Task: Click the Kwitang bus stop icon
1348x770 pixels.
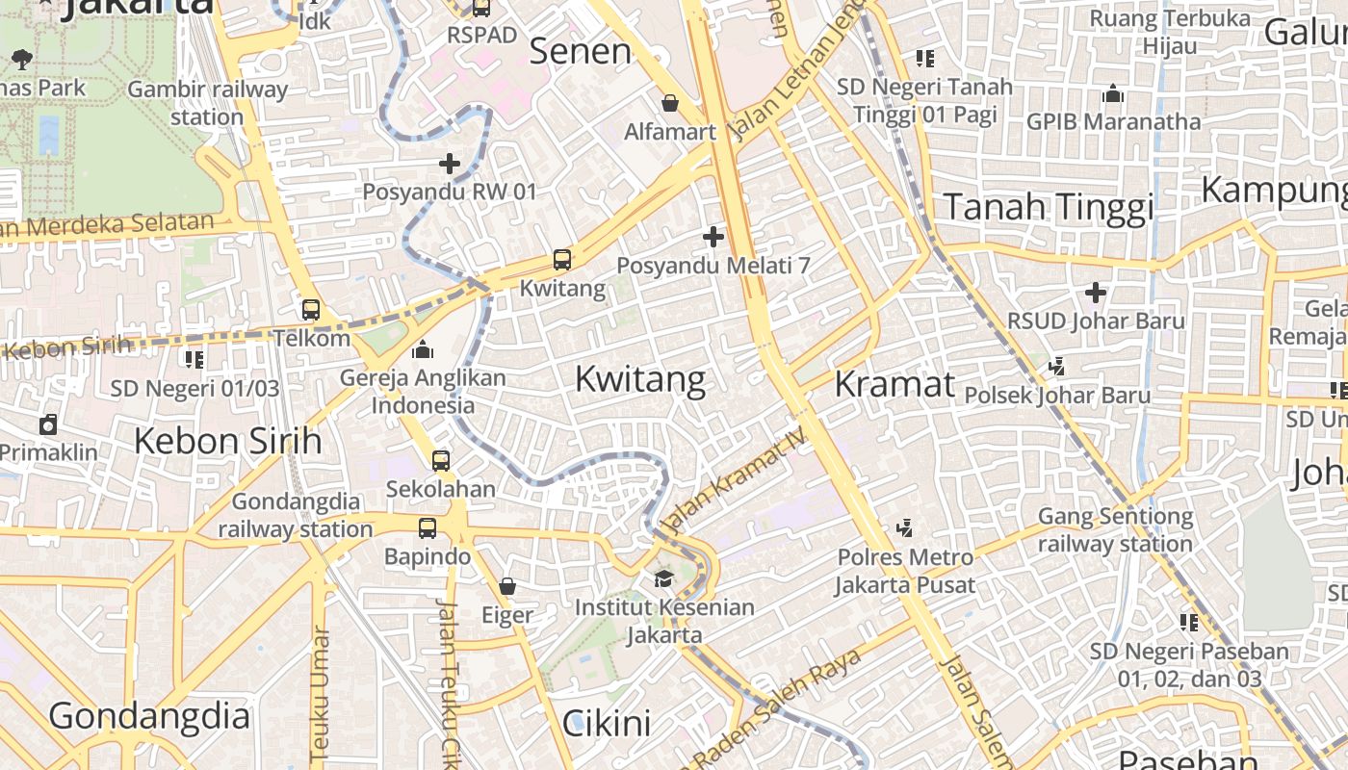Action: click(x=562, y=260)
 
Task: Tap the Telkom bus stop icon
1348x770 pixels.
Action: click(x=311, y=310)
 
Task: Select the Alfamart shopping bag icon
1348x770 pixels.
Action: click(x=670, y=103)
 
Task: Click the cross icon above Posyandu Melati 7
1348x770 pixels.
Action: click(x=713, y=237)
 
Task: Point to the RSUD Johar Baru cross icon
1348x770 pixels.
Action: click(x=1096, y=293)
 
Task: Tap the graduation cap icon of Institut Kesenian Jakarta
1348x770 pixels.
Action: click(x=663, y=578)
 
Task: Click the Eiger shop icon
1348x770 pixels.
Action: click(x=507, y=586)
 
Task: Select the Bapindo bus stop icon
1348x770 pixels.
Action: click(x=428, y=528)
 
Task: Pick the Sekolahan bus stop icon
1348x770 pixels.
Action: click(x=441, y=461)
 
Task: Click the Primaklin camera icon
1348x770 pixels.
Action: click(x=48, y=424)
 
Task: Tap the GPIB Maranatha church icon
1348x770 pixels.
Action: click(x=1114, y=94)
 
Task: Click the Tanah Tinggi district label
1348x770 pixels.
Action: click(x=1048, y=207)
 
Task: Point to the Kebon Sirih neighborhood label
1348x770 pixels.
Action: click(x=227, y=441)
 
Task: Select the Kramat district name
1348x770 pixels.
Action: click(x=894, y=384)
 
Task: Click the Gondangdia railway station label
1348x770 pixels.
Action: click(x=296, y=515)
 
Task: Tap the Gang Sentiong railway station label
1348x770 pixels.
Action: click(x=1115, y=530)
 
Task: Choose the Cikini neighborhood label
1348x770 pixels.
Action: click(x=607, y=723)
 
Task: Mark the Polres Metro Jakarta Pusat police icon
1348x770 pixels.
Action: click(x=904, y=528)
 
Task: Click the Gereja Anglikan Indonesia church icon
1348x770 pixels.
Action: click(x=423, y=350)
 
